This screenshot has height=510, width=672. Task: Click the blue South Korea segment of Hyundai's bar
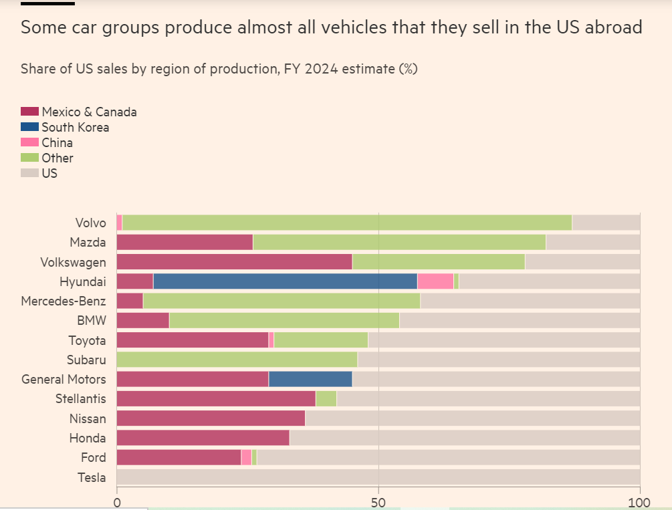point(285,281)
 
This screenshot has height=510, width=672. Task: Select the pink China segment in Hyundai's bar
point(435,281)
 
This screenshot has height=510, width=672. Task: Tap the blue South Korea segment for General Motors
point(310,379)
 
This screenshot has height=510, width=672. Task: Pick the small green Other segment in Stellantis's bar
point(326,399)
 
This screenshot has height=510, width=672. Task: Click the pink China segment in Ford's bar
point(246,457)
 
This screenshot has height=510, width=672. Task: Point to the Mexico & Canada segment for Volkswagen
point(234,262)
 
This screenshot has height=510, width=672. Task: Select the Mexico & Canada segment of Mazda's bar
point(185,242)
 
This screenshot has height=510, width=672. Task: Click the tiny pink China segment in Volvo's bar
point(120,223)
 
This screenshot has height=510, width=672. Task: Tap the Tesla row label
point(92,477)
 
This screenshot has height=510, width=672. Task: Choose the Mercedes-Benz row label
point(64,301)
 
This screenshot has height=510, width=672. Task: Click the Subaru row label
point(87,360)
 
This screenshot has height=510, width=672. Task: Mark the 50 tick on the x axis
point(378,501)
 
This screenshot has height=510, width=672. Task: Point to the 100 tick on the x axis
point(640,501)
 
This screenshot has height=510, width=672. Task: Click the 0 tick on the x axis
point(117,501)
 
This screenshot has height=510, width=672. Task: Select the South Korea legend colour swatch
point(29,127)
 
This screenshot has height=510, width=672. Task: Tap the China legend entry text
point(57,142)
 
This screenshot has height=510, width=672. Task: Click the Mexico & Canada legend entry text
point(89,112)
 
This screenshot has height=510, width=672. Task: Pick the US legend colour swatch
point(29,173)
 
